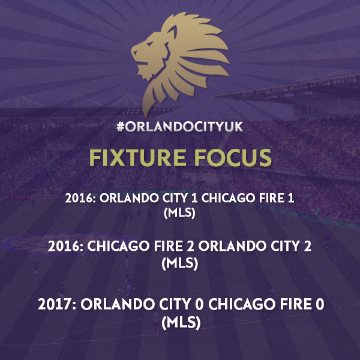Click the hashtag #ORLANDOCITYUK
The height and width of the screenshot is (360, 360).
(x=180, y=127)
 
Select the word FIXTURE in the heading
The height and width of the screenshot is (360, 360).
(x=138, y=157)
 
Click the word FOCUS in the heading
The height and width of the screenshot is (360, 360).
(x=233, y=157)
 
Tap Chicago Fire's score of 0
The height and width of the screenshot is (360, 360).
(x=320, y=304)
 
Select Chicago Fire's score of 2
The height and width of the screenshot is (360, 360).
(x=190, y=246)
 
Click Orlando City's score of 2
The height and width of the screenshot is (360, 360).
(x=307, y=246)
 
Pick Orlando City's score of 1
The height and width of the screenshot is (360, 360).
(x=194, y=198)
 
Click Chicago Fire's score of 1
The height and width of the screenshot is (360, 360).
(x=291, y=198)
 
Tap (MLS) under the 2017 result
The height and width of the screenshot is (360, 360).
(x=181, y=323)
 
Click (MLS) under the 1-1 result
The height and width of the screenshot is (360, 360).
(x=179, y=213)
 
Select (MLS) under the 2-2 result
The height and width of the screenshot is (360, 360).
(x=180, y=263)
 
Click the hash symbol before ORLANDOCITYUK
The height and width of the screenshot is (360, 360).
(x=121, y=127)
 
